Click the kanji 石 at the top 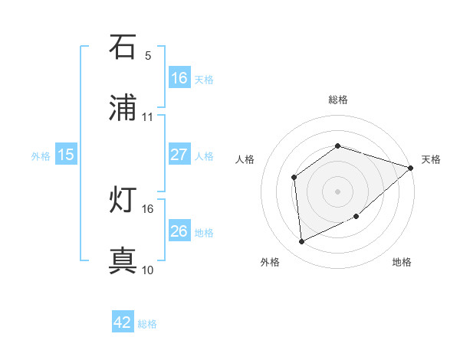123,47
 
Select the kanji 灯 123,201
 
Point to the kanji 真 123,261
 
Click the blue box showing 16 179,78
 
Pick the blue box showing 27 179,155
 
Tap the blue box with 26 179,231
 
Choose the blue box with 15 66,155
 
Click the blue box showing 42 123,322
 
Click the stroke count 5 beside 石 148,55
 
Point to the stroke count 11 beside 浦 148,117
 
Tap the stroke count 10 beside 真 148,270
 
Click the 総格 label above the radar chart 338,100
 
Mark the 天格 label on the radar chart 432,159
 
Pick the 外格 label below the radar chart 270,262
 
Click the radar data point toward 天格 411,168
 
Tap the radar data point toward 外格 302,242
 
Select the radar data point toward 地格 357,217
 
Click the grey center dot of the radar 338,191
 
